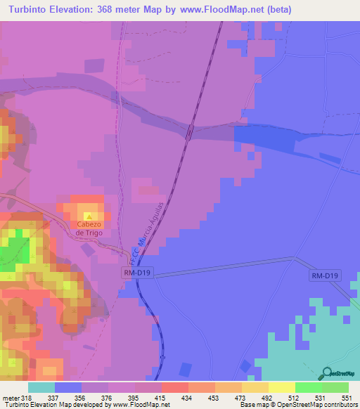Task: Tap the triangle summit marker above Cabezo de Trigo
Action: point(89,216)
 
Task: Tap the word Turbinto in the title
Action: point(31,9)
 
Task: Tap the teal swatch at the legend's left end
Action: point(41,387)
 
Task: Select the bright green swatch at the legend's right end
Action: point(335,387)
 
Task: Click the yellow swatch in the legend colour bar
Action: point(281,387)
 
